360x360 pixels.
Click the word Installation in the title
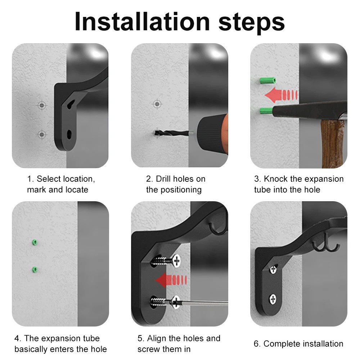(142, 22)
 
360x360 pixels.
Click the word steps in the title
(251, 23)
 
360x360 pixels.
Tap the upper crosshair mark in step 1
(42, 105)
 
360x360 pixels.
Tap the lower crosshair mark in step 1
(41, 134)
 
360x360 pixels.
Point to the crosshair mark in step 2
(157, 104)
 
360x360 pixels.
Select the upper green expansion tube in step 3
(268, 81)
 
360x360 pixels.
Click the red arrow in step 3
(281, 95)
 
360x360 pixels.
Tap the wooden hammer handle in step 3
(332, 144)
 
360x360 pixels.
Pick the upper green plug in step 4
(35, 242)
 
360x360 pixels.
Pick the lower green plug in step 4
(35, 270)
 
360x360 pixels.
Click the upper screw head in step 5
(176, 261)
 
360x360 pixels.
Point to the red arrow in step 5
(171, 280)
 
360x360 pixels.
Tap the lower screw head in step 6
(273, 299)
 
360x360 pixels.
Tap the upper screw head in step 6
(273, 269)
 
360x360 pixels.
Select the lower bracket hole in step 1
(69, 134)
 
